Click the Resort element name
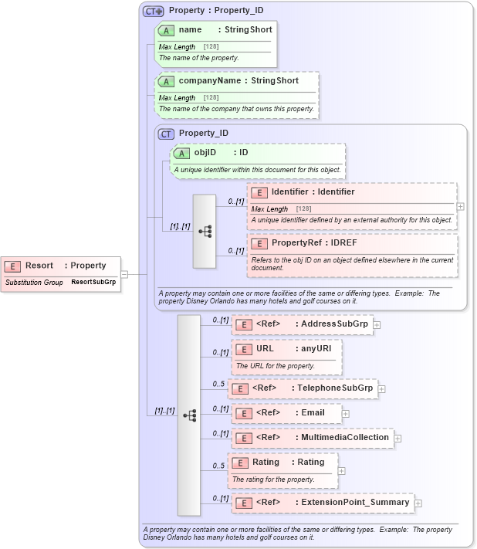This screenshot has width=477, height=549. [39, 266]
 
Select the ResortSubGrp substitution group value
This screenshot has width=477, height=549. [93, 282]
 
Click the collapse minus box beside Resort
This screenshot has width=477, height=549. [123, 273]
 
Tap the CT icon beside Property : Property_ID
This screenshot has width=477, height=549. [154, 12]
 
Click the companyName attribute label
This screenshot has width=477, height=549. [210, 80]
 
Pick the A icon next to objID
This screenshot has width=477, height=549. [181, 152]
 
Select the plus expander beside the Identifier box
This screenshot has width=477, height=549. [461, 207]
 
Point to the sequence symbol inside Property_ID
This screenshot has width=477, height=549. [205, 231]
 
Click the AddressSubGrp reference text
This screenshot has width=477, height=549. [334, 324]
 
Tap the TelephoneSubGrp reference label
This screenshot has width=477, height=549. [335, 388]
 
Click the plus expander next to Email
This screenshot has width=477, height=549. [345, 413]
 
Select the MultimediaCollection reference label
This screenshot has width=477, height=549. [344, 437]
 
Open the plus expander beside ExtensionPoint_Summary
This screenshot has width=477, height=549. [418, 503]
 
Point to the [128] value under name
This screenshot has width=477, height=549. [211, 47]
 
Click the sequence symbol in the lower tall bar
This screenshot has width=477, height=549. [189, 415]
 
